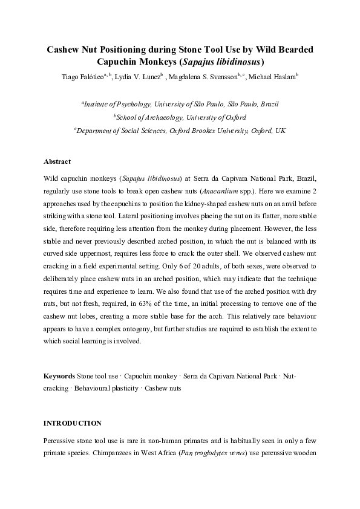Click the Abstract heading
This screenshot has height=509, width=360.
tap(57, 162)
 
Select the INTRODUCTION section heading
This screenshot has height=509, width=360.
tap(72, 423)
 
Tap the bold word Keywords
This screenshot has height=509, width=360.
tap(59, 376)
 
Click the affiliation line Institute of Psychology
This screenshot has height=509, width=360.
tap(180, 104)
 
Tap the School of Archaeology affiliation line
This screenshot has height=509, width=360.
tap(180, 117)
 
